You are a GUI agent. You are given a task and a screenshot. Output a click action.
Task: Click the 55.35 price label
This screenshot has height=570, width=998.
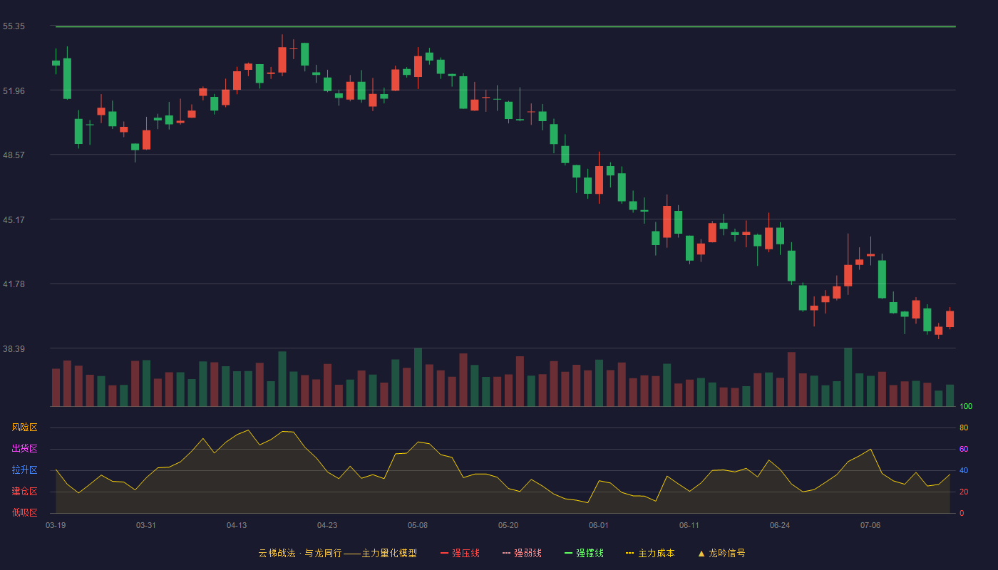click(14, 26)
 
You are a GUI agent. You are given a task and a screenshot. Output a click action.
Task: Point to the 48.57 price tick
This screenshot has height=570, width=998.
click(14, 155)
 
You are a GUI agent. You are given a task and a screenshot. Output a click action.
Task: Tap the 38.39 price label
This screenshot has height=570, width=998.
click(14, 348)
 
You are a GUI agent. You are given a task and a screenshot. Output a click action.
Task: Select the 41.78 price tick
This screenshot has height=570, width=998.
click(14, 284)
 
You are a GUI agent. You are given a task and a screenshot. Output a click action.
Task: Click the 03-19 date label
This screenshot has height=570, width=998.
click(56, 526)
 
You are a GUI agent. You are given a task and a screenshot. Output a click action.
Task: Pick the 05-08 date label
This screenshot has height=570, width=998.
click(418, 526)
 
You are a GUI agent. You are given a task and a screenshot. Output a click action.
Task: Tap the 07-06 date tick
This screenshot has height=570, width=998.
click(870, 526)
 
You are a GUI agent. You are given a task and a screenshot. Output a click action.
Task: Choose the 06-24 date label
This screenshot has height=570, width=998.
click(780, 526)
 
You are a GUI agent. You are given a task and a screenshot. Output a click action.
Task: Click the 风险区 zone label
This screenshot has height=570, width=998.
click(24, 427)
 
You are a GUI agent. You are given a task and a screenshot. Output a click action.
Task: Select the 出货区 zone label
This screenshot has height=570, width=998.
click(24, 448)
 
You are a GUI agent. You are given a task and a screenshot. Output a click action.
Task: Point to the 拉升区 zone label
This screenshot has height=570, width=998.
click(24, 470)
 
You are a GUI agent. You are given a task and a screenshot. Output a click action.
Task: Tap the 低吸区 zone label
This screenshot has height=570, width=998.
click(24, 512)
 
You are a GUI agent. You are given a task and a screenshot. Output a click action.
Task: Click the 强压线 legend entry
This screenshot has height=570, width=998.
click(460, 553)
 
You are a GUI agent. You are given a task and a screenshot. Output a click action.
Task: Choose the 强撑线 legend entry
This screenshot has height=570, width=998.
click(584, 553)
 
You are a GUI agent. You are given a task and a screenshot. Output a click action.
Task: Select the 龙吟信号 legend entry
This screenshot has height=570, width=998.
click(721, 553)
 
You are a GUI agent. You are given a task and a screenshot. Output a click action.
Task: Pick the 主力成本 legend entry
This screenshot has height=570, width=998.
click(650, 553)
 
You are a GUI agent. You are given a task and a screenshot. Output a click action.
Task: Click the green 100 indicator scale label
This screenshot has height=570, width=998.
click(966, 406)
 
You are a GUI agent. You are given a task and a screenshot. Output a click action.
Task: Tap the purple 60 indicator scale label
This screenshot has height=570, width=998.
click(964, 449)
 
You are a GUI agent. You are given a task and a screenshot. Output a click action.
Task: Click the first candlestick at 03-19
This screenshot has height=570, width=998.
click(56, 63)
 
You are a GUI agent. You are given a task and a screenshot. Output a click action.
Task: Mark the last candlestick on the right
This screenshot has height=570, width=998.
click(950, 319)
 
